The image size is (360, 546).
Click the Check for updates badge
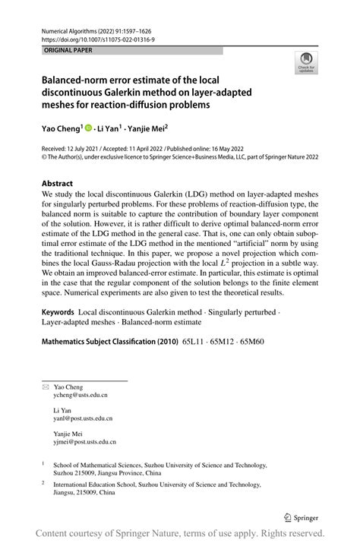coord(307,64)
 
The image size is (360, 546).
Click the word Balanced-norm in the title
coord(75,79)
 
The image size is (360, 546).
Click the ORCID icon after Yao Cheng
coord(88,128)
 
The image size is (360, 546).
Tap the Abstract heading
coord(58,183)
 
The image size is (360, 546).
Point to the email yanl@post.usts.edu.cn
coord(83,418)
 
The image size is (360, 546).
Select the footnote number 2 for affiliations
coord(43,482)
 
